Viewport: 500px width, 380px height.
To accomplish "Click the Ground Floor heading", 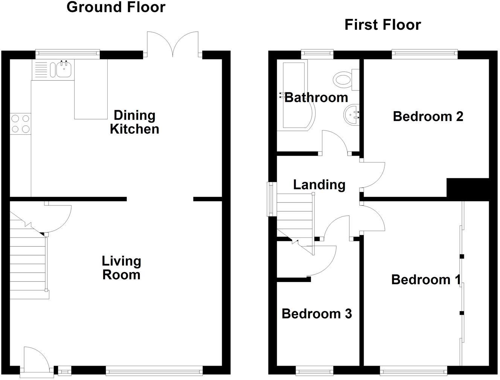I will tap(116, 7).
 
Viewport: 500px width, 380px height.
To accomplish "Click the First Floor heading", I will tap(383, 25).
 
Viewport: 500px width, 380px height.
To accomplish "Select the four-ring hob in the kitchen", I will tap(20, 124).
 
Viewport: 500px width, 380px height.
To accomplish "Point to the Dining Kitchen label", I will tap(134, 122).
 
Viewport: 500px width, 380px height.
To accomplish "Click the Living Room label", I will tap(121, 268).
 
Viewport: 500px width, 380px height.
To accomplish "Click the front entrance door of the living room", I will tap(36, 361).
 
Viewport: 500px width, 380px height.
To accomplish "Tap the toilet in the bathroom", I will tap(343, 80).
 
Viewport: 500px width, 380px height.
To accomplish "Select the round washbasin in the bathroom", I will tap(352, 113).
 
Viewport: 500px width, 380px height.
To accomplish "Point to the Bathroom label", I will tap(316, 98).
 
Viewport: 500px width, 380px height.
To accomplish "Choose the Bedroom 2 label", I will tap(428, 116).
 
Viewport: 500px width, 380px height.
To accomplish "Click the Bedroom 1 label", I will tap(425, 280).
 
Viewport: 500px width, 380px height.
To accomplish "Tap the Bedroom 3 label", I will tap(317, 314).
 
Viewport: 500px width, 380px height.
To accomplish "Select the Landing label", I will tap(319, 185).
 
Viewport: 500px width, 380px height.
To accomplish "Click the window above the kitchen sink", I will tap(68, 54).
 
